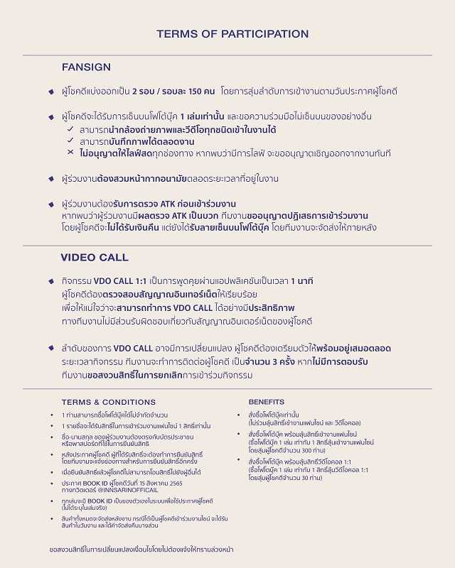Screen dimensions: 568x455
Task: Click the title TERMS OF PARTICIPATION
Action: click(232, 33)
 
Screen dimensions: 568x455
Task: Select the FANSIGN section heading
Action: click(86, 67)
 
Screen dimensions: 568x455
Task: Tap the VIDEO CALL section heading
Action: click(95, 257)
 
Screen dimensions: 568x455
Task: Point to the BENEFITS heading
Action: click(267, 402)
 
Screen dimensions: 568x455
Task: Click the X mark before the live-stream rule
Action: click(70, 153)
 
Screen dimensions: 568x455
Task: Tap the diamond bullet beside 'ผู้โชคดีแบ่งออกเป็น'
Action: click(51, 92)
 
